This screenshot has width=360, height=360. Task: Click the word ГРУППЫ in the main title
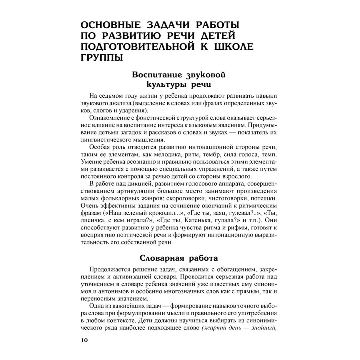[x=101, y=57]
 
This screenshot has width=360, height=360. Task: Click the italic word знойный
[x=264, y=328]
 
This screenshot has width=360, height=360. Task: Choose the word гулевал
[x=237, y=213]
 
